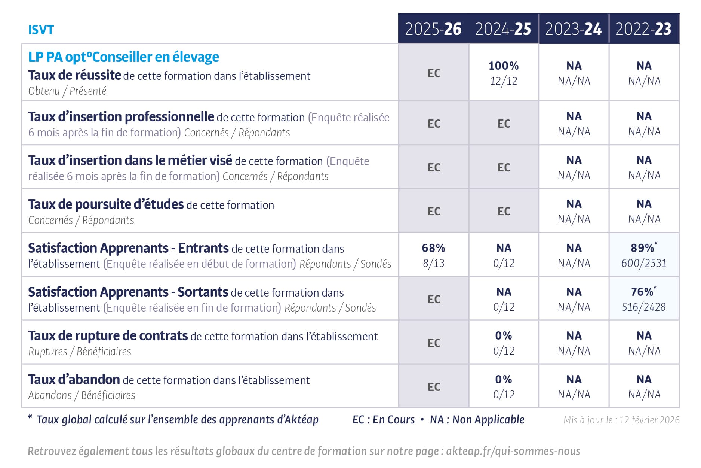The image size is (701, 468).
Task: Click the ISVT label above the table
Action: pyautogui.click(x=41, y=30)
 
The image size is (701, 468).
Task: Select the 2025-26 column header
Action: pyautogui.click(x=433, y=29)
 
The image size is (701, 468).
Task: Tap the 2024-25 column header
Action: pyautogui.click(x=503, y=29)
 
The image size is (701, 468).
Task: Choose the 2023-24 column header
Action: pyautogui.click(x=574, y=29)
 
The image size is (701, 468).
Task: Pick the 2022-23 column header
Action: pyautogui.click(x=643, y=29)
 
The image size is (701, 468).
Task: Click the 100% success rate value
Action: pyautogui.click(x=504, y=66)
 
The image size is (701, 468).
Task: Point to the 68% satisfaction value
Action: pyautogui.click(x=433, y=248)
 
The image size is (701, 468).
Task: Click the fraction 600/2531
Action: pyautogui.click(x=644, y=263)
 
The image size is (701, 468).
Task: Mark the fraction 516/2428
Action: pyautogui.click(x=644, y=307)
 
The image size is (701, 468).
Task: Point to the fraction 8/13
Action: pyautogui.click(x=434, y=263)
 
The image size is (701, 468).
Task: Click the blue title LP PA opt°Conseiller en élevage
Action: pyautogui.click(x=124, y=57)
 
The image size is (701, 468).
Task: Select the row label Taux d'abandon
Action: pyautogui.click(x=74, y=380)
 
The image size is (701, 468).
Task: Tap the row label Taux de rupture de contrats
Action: pyautogui.click(x=108, y=336)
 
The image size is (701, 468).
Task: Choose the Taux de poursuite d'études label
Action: pyautogui.click(x=106, y=204)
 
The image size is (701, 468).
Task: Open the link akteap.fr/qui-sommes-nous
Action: pyautogui.click(x=513, y=451)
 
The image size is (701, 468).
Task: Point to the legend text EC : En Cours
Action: pyautogui.click(x=384, y=420)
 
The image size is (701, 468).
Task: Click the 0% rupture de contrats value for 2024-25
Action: pyautogui.click(x=504, y=336)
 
